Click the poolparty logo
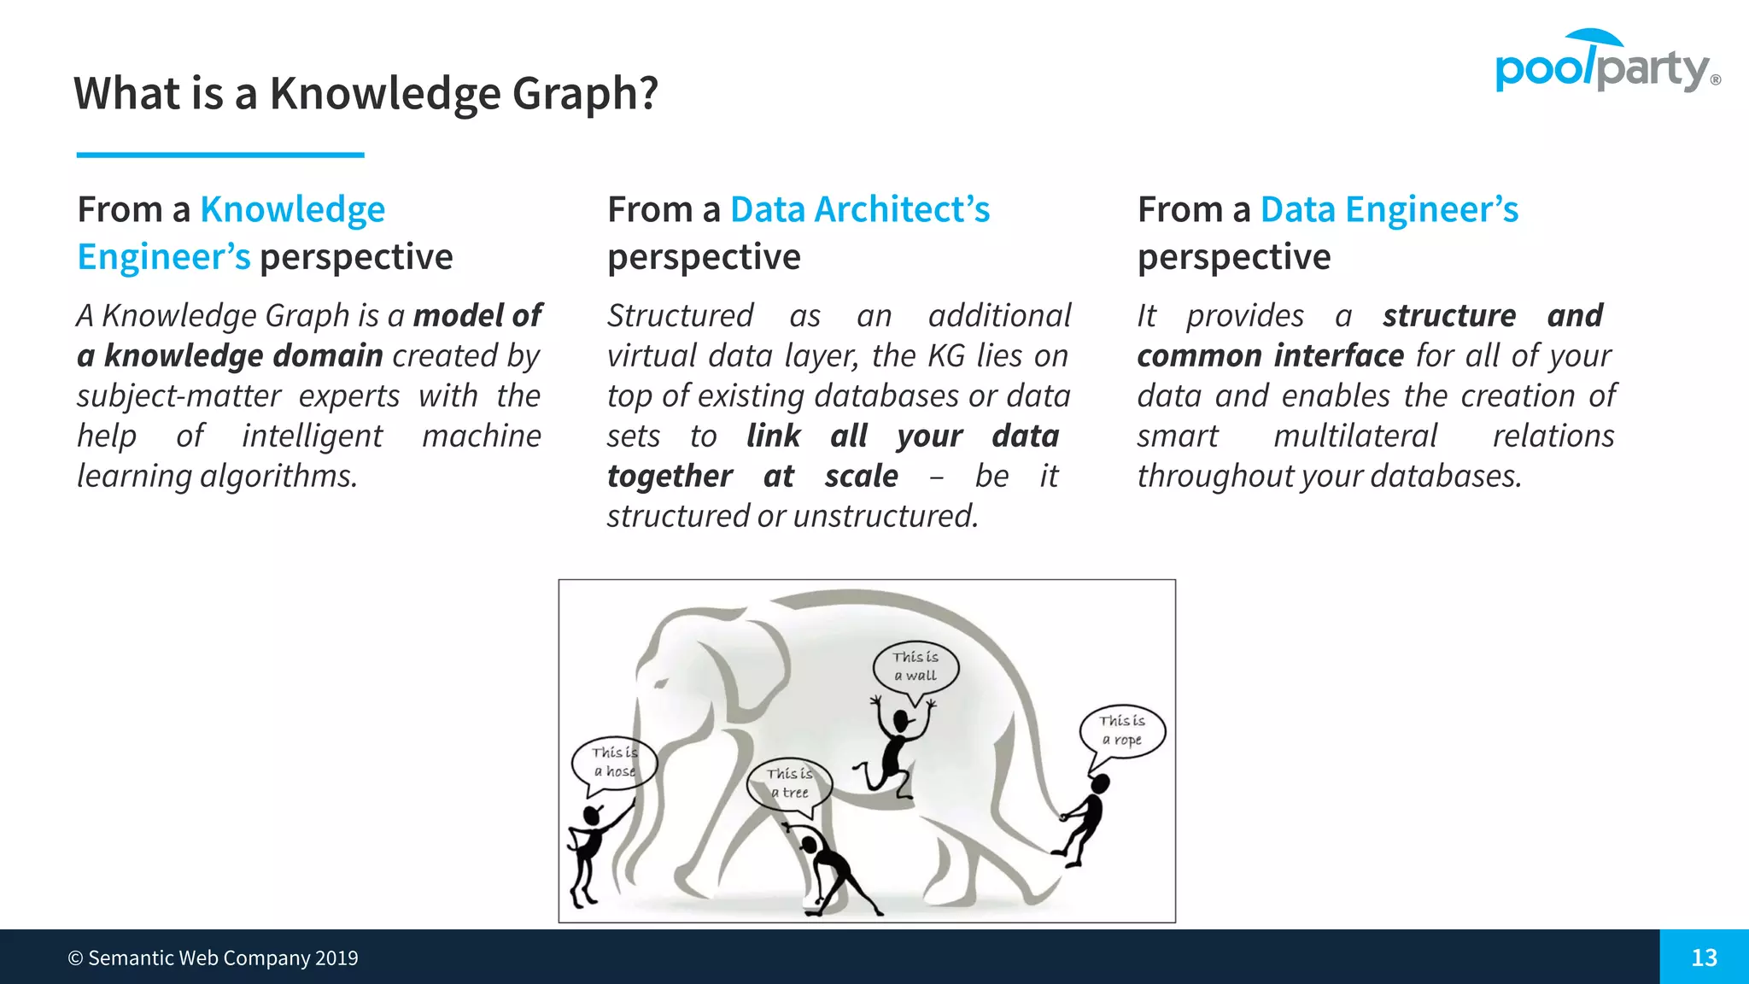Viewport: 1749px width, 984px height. [x=1606, y=63]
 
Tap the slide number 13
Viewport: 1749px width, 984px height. [x=1704, y=958]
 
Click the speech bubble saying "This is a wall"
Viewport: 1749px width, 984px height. [x=915, y=666]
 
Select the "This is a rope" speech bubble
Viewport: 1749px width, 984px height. [x=1122, y=730]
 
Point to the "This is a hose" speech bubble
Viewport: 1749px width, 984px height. [x=614, y=762]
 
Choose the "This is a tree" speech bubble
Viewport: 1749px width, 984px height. [x=788, y=782]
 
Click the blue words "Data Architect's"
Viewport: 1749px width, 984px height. [x=860, y=209]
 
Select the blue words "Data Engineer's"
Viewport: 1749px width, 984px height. [x=1389, y=209]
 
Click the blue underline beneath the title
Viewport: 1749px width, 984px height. [x=220, y=155]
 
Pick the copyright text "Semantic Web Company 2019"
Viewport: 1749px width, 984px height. [x=222, y=958]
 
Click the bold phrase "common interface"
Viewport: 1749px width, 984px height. [x=1270, y=355]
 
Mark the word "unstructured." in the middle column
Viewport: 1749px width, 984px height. [x=886, y=516]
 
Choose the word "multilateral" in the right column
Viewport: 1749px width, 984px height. [x=1355, y=436]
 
